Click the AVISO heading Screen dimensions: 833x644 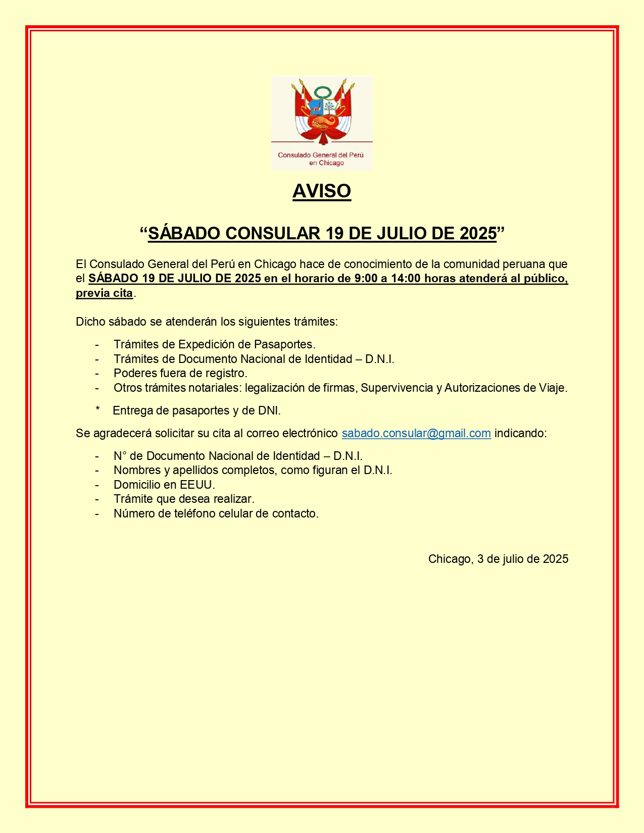pos(322,191)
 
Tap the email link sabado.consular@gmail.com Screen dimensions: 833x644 pos(416,433)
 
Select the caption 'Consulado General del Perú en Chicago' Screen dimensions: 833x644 pos(322,159)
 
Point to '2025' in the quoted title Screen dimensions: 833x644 pos(478,233)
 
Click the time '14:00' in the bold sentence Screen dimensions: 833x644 pos(406,278)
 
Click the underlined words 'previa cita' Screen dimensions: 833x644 pos(104,293)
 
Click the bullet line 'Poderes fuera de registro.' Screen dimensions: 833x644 pos(180,373)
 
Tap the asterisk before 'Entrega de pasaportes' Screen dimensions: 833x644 pos(97,410)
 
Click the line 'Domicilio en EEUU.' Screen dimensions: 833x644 pos(164,485)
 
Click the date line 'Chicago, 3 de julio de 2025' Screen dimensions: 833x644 pos(498,559)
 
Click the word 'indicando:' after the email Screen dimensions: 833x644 pos(520,433)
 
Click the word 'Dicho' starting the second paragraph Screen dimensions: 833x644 pos(90,322)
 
